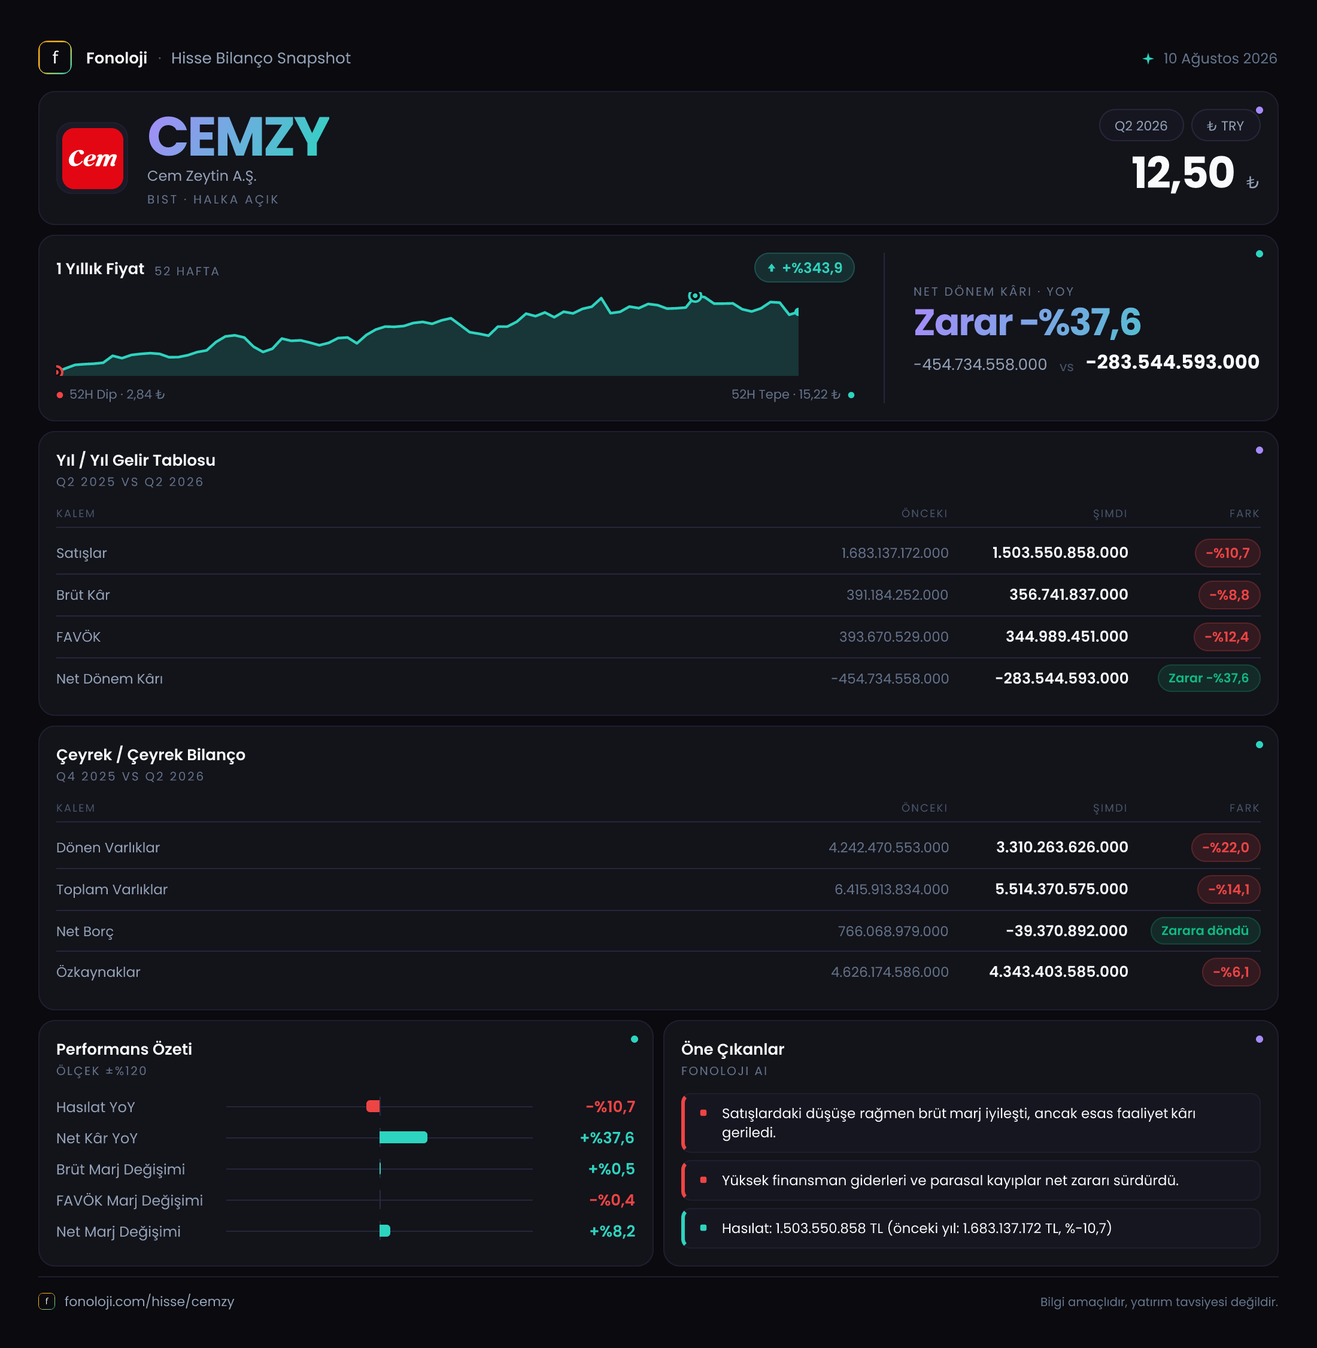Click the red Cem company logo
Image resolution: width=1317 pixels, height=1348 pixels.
[x=92, y=159]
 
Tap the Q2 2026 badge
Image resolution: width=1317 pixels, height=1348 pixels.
[x=1140, y=126]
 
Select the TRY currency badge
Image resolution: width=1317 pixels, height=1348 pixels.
[x=1225, y=126]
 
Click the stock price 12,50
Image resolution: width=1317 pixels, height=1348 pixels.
[x=1183, y=173]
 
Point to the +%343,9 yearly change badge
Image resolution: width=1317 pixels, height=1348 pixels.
[x=804, y=268]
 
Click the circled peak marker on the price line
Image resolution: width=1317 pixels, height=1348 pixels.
[x=695, y=297]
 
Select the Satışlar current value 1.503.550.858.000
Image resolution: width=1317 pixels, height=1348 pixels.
[x=1060, y=552]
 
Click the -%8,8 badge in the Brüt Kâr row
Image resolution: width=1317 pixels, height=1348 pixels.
[x=1228, y=595]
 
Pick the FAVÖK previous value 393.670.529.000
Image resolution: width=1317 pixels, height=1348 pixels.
[x=894, y=636]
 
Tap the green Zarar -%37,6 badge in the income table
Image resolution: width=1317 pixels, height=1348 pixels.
[x=1209, y=678]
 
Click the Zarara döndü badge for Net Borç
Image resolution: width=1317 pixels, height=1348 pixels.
[x=1204, y=930]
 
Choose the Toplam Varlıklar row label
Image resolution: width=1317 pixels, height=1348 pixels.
[x=112, y=889]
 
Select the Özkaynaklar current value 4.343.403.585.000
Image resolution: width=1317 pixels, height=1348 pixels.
[x=1058, y=971]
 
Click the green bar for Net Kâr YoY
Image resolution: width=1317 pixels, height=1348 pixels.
[x=403, y=1137]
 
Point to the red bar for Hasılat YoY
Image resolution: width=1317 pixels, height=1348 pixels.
[x=373, y=1106]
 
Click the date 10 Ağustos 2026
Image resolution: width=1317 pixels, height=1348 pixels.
[x=1219, y=58]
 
